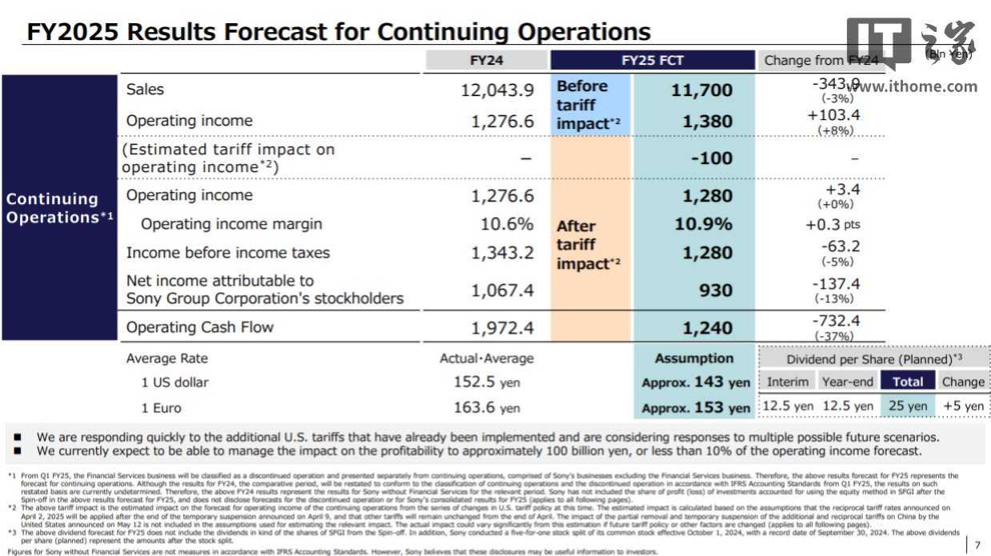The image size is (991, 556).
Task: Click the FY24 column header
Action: [486, 60]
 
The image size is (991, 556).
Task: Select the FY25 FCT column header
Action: [653, 60]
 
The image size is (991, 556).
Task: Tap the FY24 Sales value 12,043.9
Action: [497, 90]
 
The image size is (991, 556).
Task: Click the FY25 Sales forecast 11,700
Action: [701, 90]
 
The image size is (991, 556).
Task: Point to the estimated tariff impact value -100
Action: [711, 158]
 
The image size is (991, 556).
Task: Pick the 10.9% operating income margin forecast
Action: [703, 224]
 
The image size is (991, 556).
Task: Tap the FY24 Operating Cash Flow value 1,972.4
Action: [502, 327]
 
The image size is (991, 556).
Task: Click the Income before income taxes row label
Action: [228, 253]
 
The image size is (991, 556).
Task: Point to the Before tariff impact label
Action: [585, 105]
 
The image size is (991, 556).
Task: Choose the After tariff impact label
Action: [585, 245]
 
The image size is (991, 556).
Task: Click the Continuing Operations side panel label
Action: [58, 208]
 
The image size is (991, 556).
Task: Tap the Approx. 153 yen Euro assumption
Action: [696, 408]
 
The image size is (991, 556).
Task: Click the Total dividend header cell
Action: [908, 382]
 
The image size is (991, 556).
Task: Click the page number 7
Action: [977, 545]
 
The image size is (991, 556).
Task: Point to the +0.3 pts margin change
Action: [833, 225]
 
